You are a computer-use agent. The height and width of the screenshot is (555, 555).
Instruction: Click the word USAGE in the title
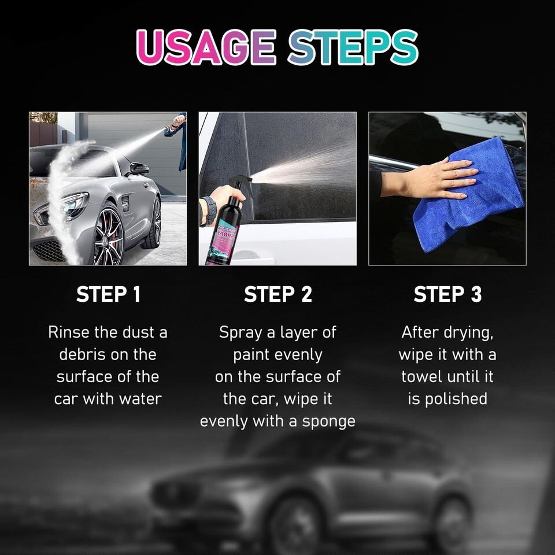[206, 47]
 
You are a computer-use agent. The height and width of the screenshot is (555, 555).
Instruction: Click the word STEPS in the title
[353, 47]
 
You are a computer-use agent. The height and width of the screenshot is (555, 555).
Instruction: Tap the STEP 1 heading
[108, 294]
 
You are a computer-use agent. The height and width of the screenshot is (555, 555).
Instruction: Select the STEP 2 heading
[278, 294]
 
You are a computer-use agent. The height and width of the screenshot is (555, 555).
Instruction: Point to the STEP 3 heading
[447, 294]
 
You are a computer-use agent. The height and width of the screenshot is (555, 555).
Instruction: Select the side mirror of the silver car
[139, 169]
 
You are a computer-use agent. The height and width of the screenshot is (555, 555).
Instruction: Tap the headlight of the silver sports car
[73, 205]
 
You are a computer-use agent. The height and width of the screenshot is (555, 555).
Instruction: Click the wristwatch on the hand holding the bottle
[208, 212]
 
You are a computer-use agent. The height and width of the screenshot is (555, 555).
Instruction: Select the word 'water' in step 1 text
[140, 399]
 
